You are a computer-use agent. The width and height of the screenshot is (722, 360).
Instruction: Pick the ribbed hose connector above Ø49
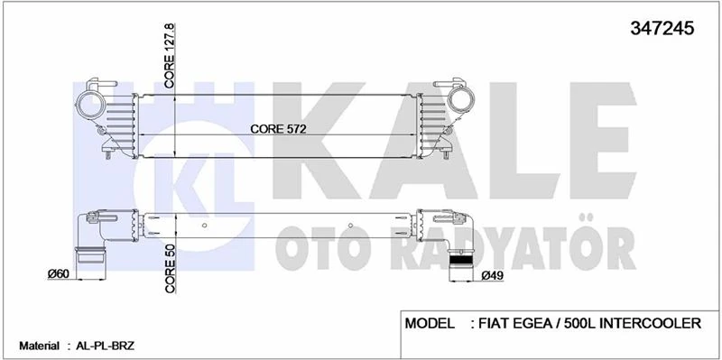point(462,262)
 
